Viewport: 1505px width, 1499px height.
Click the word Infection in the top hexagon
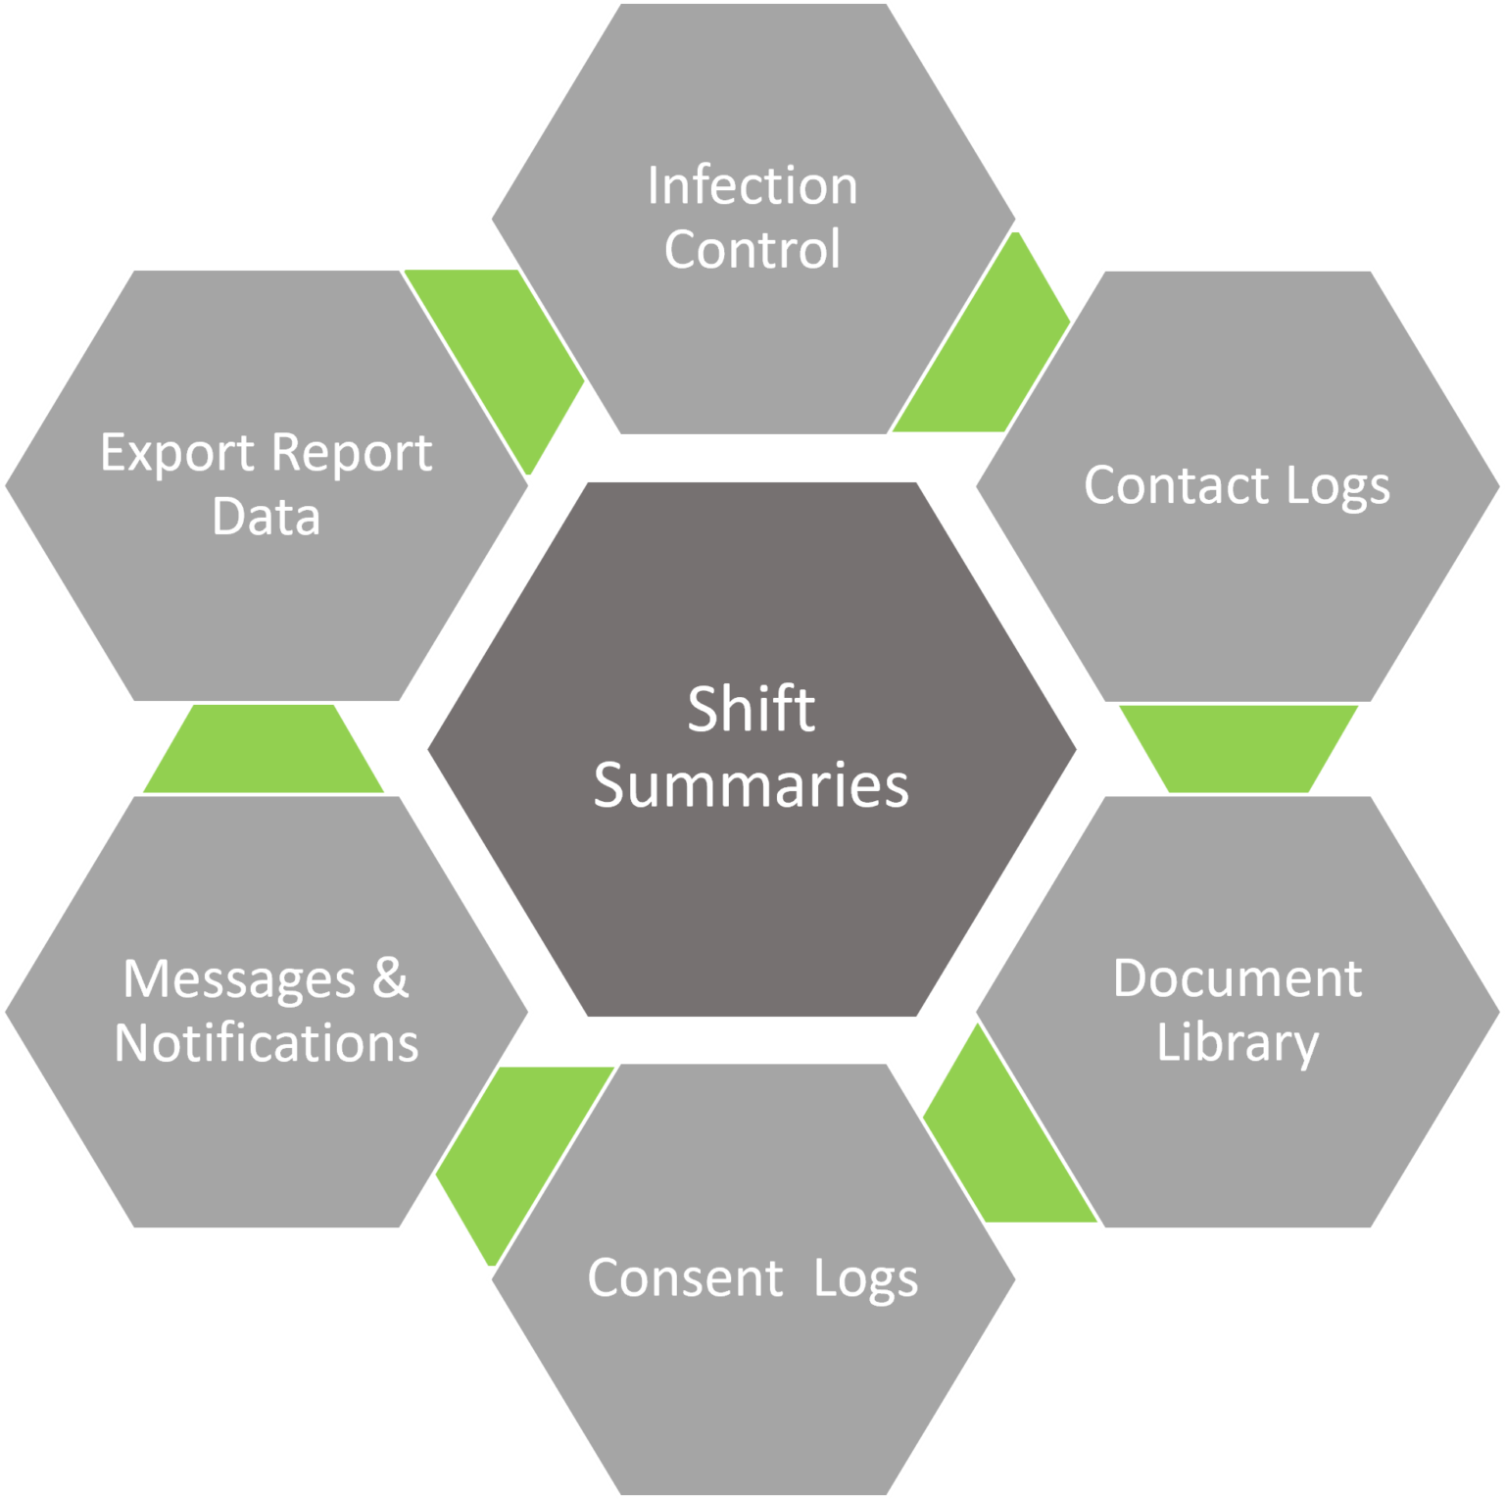coord(752,185)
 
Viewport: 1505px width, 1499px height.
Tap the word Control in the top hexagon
coord(752,249)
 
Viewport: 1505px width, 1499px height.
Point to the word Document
coord(1237,978)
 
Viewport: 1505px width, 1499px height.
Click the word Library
coord(1237,1042)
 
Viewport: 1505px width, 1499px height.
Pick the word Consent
coord(685,1277)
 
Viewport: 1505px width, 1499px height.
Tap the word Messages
coord(239,979)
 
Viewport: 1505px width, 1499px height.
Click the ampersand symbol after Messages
coord(390,977)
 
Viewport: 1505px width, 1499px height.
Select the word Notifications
coord(266,1042)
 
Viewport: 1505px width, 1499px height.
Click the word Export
coord(177,453)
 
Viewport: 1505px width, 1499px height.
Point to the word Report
coord(351,454)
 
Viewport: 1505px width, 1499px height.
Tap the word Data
coord(266,517)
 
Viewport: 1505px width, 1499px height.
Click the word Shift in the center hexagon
coord(751,709)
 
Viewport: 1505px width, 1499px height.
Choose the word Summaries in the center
coord(751,786)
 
